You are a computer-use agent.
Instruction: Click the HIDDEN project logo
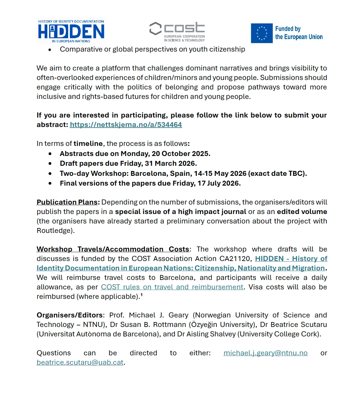coord(71,31)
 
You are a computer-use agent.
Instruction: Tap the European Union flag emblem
coord(262,33)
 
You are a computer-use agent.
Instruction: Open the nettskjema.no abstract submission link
coord(126,125)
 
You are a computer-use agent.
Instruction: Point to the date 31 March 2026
coord(170,163)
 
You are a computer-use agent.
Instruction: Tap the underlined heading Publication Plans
coord(67,202)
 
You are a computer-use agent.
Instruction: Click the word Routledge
coord(54,230)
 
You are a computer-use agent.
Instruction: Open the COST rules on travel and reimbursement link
coord(172,287)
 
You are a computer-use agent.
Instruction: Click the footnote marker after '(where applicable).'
coord(141,295)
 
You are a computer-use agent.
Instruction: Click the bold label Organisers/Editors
coord(70,315)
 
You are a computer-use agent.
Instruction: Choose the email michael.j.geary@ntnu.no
coord(265,353)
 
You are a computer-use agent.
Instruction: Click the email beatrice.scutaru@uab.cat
coord(80,362)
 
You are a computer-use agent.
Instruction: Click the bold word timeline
coord(88,143)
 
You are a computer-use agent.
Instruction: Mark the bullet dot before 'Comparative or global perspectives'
coord(50,49)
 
